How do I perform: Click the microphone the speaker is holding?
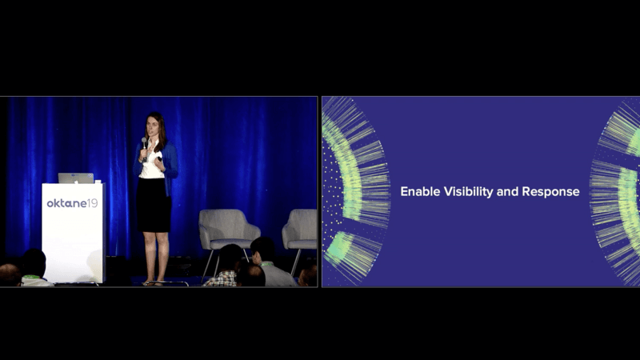pyautogui.click(x=144, y=149)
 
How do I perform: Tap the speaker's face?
pyautogui.click(x=151, y=126)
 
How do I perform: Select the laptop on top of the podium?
pyautogui.click(x=76, y=178)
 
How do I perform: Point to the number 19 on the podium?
pyautogui.click(x=92, y=203)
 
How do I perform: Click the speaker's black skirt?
pyautogui.click(x=154, y=205)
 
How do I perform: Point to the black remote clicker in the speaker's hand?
pyautogui.click(x=159, y=158)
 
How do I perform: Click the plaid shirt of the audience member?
pyautogui.click(x=222, y=279)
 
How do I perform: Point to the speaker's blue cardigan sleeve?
pyautogui.click(x=171, y=162)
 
